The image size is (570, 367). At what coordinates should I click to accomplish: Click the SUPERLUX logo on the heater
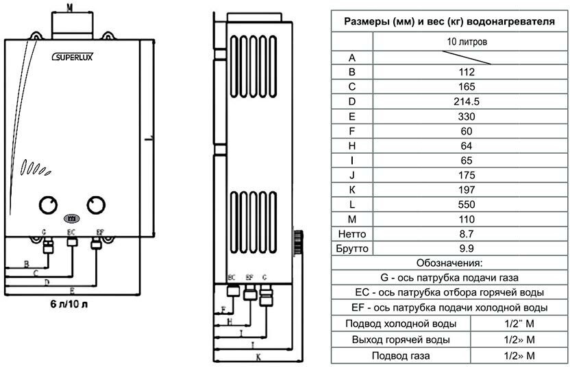pos(73,58)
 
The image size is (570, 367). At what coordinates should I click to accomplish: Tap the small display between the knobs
pos(71,220)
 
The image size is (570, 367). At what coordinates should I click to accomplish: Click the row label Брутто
pos(352,248)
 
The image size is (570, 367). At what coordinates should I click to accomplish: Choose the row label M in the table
pos(352,219)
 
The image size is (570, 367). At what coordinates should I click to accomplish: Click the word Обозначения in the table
pos(449,263)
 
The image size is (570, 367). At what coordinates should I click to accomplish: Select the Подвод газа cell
pos(400,355)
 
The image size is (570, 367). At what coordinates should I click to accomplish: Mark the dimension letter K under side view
pos(258,357)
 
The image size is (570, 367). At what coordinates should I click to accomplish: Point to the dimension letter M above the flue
pos(70,7)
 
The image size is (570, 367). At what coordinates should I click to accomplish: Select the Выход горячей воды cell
pos(400,340)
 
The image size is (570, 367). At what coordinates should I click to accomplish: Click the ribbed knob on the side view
pos(298,242)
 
